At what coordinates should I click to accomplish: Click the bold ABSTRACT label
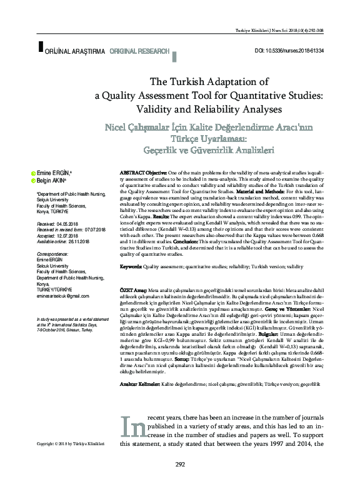coord(133,171)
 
